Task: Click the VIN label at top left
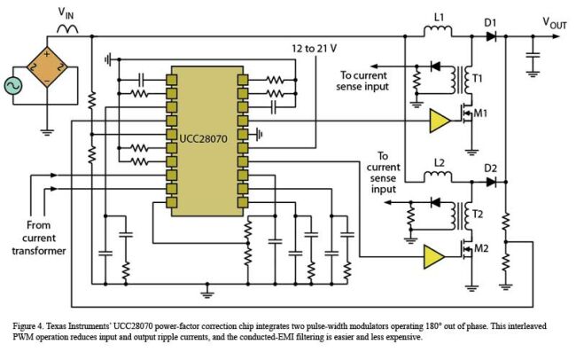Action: click(66, 12)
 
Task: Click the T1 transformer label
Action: click(478, 80)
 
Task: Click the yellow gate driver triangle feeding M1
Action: click(437, 121)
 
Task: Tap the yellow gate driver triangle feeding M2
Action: click(435, 255)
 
